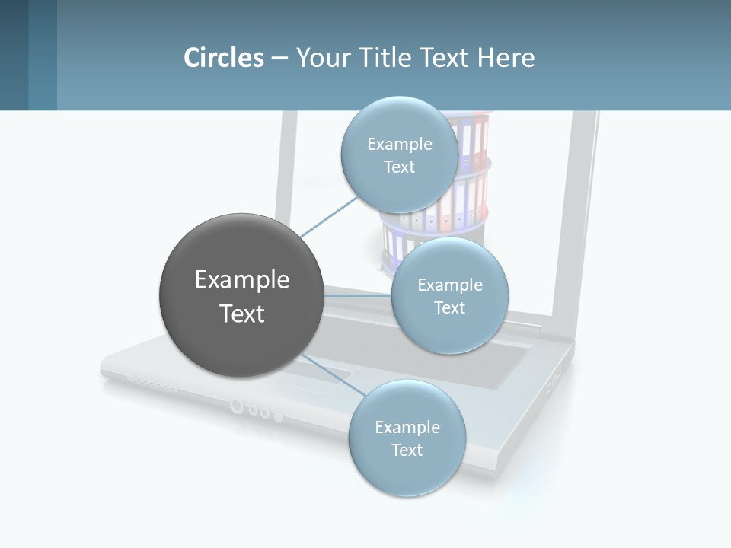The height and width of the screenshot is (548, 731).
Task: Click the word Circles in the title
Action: click(224, 58)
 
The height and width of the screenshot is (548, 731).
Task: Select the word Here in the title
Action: click(506, 58)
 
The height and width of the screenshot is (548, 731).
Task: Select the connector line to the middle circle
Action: click(358, 295)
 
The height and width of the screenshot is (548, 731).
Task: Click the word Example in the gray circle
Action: click(242, 280)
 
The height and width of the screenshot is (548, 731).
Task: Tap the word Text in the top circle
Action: click(399, 167)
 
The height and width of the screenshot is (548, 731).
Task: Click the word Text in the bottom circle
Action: click(407, 451)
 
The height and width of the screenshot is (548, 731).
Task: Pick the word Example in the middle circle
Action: click(449, 285)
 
